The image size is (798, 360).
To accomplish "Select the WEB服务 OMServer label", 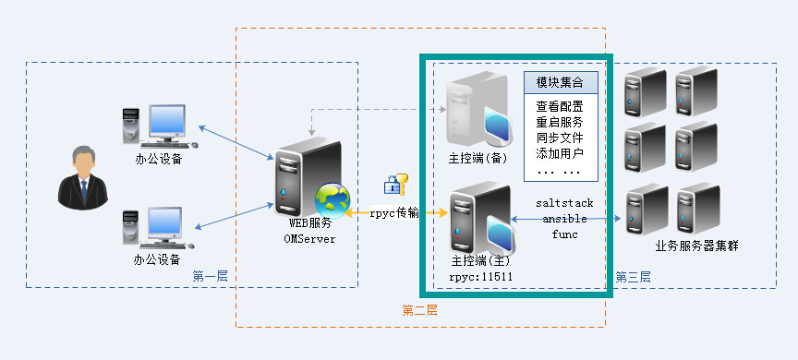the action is (x=310, y=231).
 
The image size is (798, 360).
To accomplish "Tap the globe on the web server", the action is (x=332, y=201).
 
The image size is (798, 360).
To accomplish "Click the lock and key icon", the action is (x=395, y=184).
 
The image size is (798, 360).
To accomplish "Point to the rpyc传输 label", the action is (x=394, y=213).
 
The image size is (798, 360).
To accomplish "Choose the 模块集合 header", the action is (x=560, y=82).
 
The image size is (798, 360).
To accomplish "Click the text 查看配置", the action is (x=560, y=107).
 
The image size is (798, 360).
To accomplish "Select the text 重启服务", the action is (x=560, y=122).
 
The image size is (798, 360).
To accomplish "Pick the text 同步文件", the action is (x=560, y=138).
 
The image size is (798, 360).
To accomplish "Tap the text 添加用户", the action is (x=560, y=152).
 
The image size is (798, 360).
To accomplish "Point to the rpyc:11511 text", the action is (x=480, y=277).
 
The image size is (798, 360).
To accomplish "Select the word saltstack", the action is (x=564, y=203).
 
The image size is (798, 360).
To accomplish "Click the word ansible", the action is (x=564, y=219).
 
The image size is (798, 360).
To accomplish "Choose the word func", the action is (x=564, y=234).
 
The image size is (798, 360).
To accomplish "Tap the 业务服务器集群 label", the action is (x=696, y=246).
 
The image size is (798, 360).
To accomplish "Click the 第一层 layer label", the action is (x=211, y=276).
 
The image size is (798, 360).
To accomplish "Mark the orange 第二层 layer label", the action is (x=420, y=310).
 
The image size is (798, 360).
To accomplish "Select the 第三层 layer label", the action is (x=633, y=277).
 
